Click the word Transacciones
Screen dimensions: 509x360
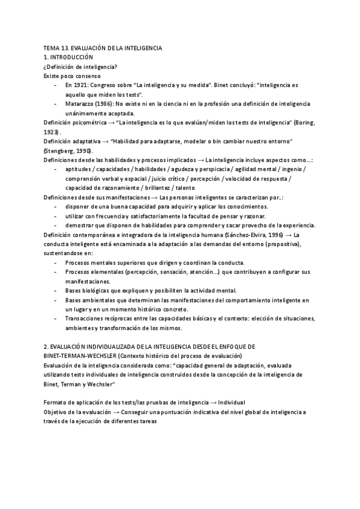click(x=86, y=318)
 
